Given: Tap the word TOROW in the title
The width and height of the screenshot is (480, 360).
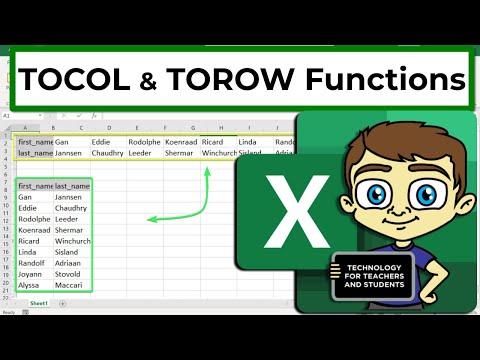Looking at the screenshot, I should pos(254,77).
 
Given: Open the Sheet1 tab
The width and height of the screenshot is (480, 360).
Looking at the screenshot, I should pos(38,302).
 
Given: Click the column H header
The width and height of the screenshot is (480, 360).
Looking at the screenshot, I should pos(219,128).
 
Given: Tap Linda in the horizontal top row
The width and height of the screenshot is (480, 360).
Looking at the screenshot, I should pos(249,141).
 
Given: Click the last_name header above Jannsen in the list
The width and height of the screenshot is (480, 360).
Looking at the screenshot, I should pos(73,185).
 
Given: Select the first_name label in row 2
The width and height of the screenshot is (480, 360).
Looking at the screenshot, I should pos(34,141).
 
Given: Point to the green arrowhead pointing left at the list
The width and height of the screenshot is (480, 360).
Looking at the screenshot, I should pos(151,219).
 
